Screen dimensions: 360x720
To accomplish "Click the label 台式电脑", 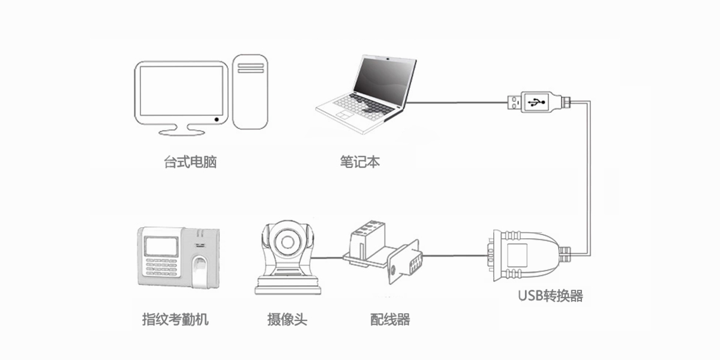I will (x=190, y=162).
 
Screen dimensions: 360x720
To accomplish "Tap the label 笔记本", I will (x=359, y=162).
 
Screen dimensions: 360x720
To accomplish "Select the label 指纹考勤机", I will (x=175, y=319).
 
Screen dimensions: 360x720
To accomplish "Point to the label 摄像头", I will (x=287, y=319).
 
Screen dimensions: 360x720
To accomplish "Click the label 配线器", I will (x=390, y=319).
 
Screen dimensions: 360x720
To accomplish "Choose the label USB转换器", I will (x=550, y=296).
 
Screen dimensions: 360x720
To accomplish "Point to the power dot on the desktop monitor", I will (x=216, y=120).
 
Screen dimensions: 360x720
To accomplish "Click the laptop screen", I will (x=384, y=80).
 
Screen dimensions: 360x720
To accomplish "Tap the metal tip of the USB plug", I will (x=514, y=103).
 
